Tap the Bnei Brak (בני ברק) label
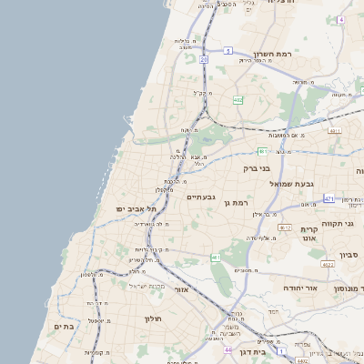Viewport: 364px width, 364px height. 258,168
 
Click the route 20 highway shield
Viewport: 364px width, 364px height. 204,59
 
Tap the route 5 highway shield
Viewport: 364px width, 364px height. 228,50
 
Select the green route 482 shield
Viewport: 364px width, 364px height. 238,100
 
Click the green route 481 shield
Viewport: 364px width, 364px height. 262,151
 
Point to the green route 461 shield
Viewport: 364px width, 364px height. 216,258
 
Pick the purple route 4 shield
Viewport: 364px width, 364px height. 341,19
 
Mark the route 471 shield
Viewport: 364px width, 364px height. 329,198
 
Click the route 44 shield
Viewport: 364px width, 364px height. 227,349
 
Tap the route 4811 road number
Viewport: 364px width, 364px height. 335,131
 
